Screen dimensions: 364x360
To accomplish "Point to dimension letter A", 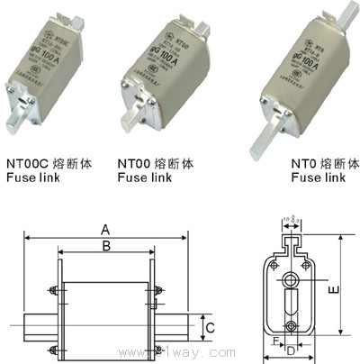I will [x=105, y=228].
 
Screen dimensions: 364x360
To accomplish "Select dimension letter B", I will [x=105, y=245].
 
